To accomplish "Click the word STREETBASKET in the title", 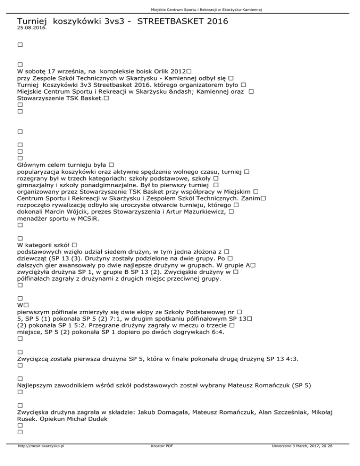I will (169, 21).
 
